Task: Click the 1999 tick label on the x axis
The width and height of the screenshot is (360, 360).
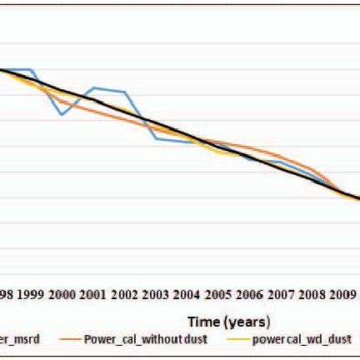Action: (31, 294)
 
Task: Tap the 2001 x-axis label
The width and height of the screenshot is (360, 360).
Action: (93, 294)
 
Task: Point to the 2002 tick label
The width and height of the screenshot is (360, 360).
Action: (125, 294)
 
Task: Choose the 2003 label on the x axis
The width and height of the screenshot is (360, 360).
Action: (156, 294)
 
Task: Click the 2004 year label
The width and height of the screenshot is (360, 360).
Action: (187, 294)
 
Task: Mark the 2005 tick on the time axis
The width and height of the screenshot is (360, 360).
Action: (218, 294)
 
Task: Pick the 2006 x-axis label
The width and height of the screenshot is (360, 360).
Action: (250, 294)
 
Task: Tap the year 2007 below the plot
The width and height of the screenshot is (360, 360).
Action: (281, 294)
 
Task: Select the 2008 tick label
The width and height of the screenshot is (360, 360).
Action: (312, 294)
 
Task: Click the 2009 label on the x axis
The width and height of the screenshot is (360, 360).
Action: (342, 294)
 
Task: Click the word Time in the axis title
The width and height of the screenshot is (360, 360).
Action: (204, 320)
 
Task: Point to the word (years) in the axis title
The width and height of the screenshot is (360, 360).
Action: (247, 320)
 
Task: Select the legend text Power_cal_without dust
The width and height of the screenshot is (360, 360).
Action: (146, 339)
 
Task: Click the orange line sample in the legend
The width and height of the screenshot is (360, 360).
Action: (68, 339)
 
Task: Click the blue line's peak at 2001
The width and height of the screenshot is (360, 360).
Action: (94, 87)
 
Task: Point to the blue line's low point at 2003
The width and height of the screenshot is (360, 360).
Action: (157, 137)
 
